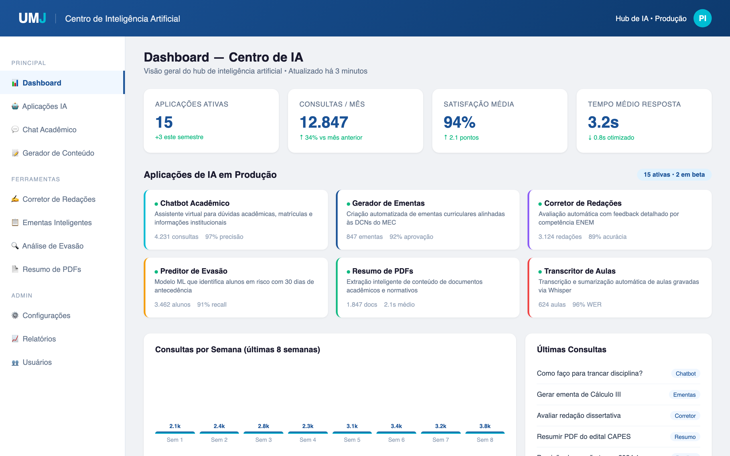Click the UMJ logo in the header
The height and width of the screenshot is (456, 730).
pos(32,19)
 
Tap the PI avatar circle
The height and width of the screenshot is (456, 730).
pos(702,19)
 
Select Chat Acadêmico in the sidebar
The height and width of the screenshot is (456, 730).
pos(49,130)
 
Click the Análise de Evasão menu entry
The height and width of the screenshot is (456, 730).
pos(52,246)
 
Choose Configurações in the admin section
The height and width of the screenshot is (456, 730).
pos(46,315)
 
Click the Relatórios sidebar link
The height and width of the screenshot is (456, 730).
pos(39,339)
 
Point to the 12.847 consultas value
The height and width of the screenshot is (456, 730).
pos(324,122)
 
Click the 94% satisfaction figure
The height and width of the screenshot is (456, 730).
pos(459,122)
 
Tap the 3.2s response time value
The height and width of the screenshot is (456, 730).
pos(603,122)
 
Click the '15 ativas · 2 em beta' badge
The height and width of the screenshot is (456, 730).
pos(674,175)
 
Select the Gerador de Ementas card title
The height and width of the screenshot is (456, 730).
pos(388,203)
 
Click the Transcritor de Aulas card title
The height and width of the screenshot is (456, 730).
pos(579,271)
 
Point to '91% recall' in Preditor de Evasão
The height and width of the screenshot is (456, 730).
pos(212,305)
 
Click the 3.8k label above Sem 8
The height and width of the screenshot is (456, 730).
pos(485,426)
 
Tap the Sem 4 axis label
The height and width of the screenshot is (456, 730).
pos(308,440)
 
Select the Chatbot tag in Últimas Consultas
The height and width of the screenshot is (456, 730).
pos(685,374)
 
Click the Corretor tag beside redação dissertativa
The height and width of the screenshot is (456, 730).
pos(685,416)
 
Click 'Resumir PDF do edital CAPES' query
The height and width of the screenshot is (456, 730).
pos(583,436)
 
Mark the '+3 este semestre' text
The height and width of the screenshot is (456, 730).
pos(179,137)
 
